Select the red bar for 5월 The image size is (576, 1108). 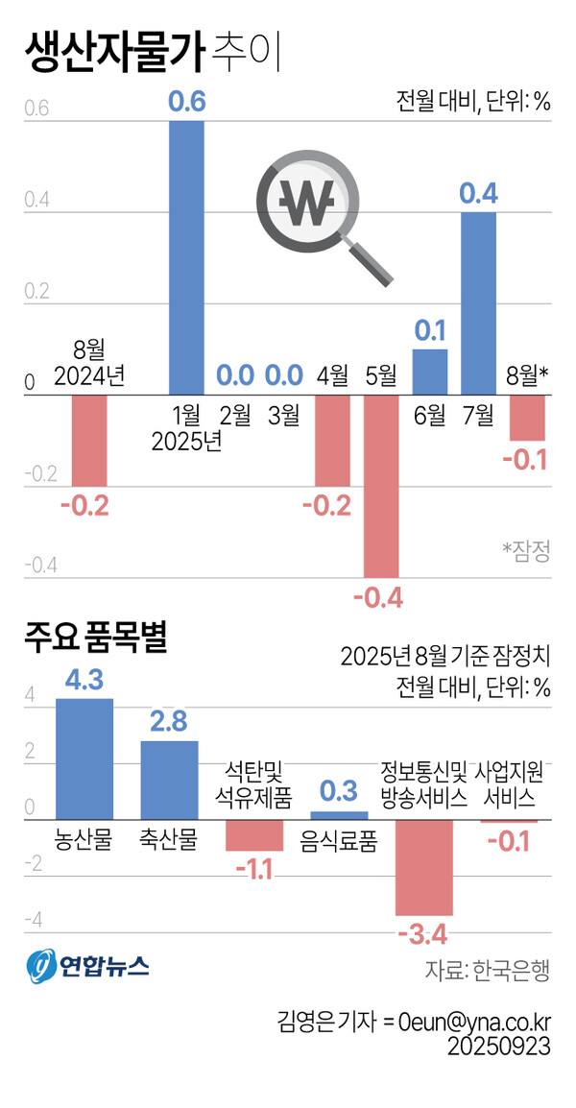point(381,486)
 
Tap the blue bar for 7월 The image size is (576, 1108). point(479,303)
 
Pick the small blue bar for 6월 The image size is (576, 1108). point(430,372)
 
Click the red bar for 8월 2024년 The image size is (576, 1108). point(89,440)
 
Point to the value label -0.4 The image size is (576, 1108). point(378,599)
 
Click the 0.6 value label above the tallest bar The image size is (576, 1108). point(187,102)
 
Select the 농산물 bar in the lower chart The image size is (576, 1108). point(84,759)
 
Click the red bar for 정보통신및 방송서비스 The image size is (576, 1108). point(424,867)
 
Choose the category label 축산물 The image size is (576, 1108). point(169,839)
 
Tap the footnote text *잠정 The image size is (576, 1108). point(526,550)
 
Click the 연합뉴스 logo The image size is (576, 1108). point(86,965)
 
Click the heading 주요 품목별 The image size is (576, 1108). point(96,640)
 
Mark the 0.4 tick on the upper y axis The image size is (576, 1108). point(35,201)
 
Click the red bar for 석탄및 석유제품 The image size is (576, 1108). point(254,835)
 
